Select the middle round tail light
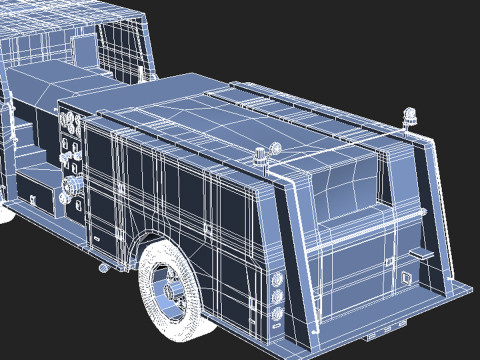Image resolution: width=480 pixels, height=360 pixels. pos(276,297)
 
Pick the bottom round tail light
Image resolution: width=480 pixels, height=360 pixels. pos(276,315)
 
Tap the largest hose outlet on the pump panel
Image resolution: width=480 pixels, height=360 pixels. pos(72,188)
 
